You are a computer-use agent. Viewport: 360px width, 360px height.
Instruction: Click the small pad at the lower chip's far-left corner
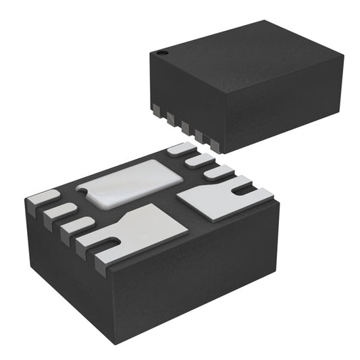[x=42, y=198]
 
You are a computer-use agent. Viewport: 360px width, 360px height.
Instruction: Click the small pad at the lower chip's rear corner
[x=179, y=149]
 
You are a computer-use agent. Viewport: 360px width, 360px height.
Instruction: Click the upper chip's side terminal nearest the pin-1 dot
[x=157, y=107]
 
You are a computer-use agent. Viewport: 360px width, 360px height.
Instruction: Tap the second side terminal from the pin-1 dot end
[x=171, y=116]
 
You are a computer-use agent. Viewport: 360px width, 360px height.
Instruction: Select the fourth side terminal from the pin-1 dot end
[x=200, y=134]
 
